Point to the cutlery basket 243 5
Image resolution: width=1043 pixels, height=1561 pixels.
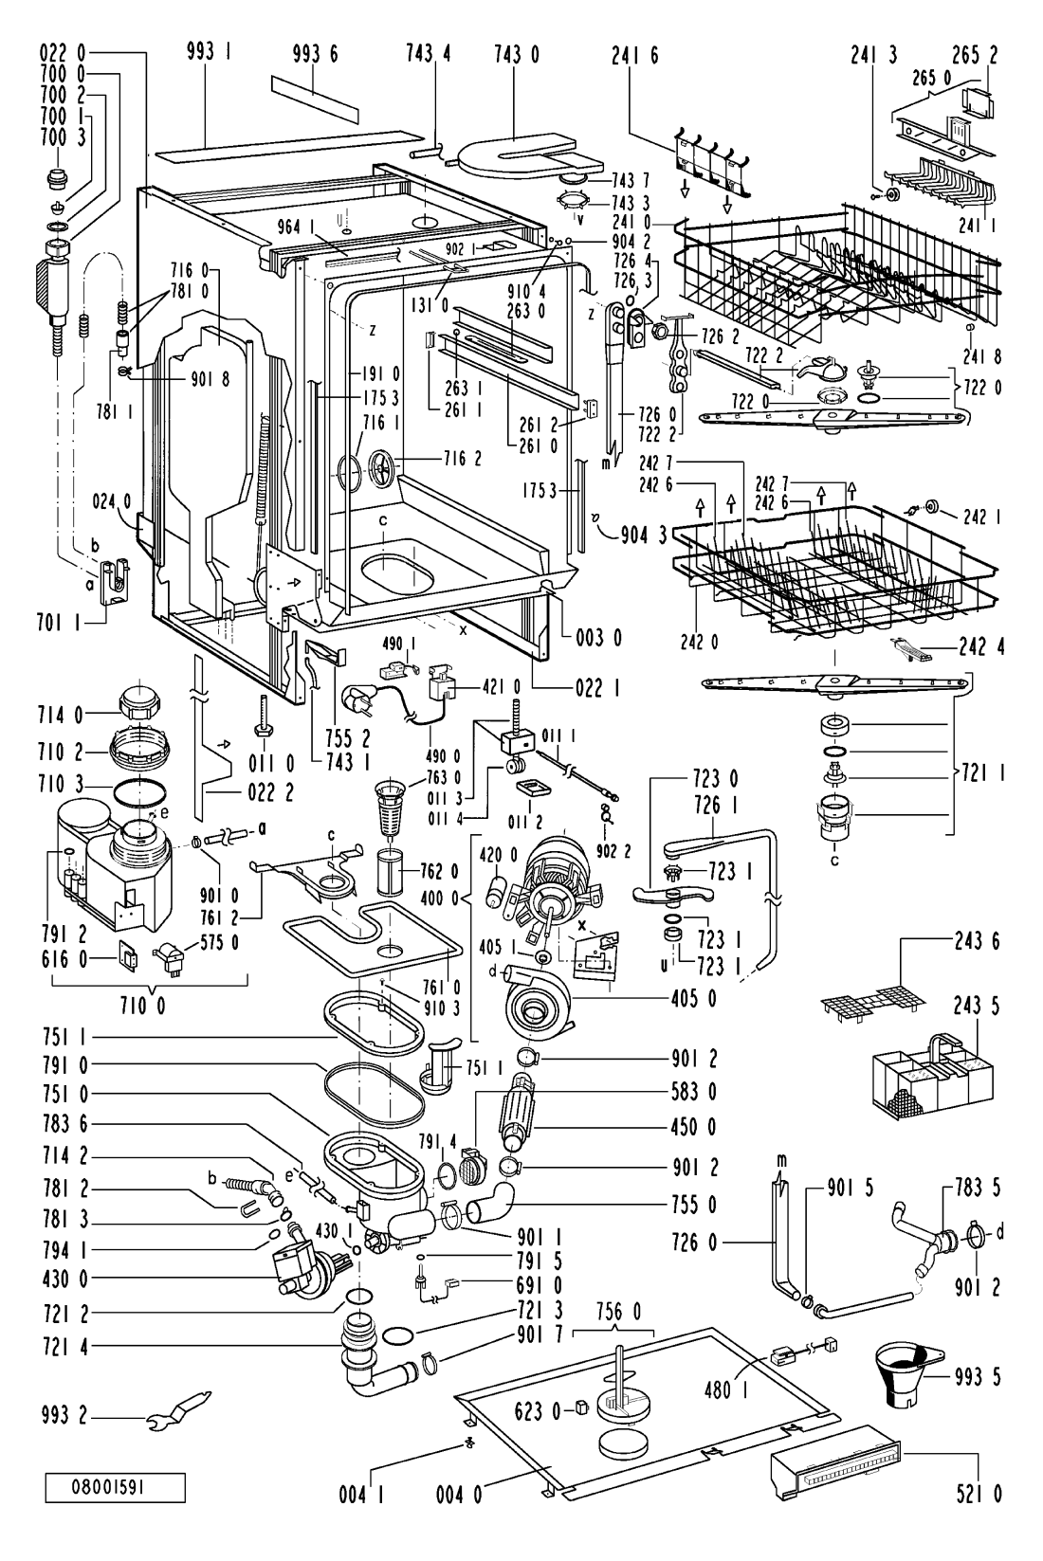(934, 1077)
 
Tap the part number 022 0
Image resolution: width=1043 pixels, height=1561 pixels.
(63, 53)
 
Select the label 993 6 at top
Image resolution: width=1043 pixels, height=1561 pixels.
(315, 53)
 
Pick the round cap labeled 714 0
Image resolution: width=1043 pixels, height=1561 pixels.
(141, 703)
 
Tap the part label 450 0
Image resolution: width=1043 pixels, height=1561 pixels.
(694, 1128)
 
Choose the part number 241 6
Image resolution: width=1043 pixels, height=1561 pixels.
(635, 55)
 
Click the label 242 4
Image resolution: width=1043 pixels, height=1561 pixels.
(981, 646)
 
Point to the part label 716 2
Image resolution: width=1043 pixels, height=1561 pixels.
(463, 459)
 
